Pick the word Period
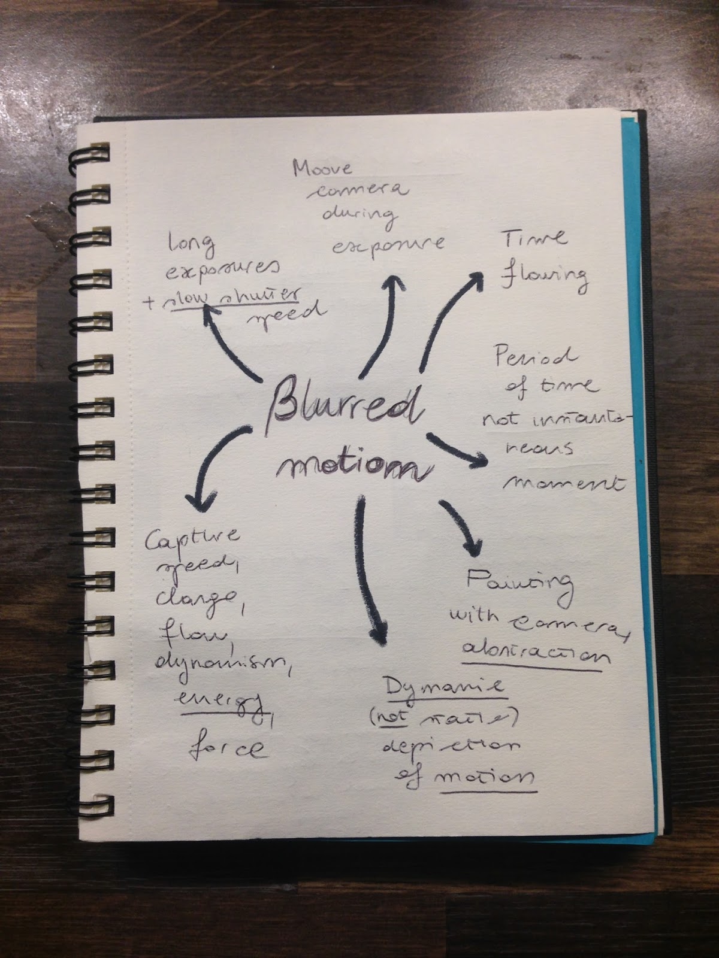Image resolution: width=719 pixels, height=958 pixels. pyautogui.click(x=535, y=357)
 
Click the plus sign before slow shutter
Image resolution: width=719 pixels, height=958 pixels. pyautogui.click(x=148, y=304)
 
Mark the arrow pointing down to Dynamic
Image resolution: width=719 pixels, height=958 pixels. pyautogui.click(x=370, y=569)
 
